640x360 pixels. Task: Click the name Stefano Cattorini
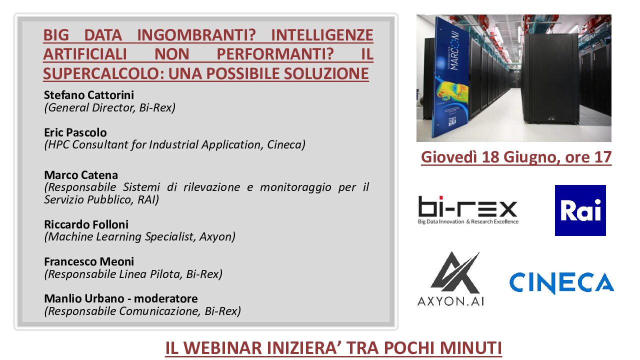89,95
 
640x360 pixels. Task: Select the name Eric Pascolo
75,132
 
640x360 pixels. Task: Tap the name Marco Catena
81,175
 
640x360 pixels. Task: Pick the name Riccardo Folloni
86,224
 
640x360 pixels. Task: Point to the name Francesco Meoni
89,261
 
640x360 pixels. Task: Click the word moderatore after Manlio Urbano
165,298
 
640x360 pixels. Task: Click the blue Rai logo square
580,210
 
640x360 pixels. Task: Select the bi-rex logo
468,210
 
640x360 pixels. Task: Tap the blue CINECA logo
561,282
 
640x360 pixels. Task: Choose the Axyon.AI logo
451,279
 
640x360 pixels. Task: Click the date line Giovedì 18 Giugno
516,157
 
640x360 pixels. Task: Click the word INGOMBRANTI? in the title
196,35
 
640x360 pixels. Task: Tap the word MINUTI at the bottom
470,348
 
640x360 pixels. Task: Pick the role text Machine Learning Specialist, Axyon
139,237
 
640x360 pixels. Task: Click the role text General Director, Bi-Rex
109,107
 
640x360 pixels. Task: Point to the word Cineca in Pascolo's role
286,144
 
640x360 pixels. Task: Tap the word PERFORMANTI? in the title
275,54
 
